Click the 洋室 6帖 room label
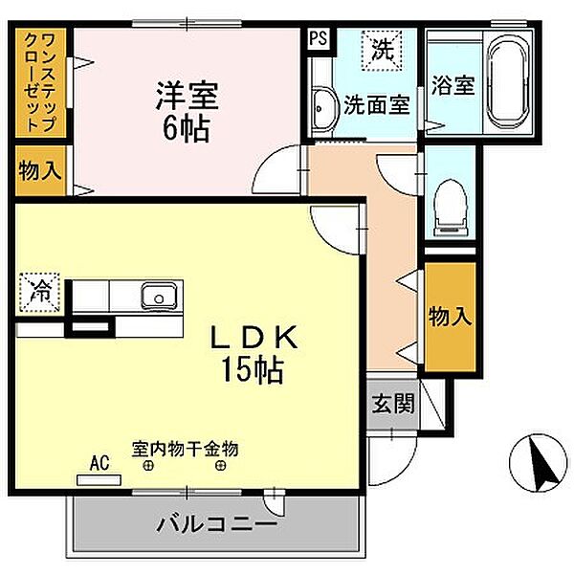pyautogui.click(x=188, y=110)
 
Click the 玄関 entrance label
pyautogui.click(x=392, y=403)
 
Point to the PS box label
pyautogui.click(x=317, y=40)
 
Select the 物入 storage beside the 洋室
pyautogui.click(x=40, y=172)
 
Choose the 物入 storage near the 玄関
pyautogui.click(x=449, y=317)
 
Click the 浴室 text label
pyautogui.click(x=453, y=84)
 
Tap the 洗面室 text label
pyautogui.click(x=377, y=104)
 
